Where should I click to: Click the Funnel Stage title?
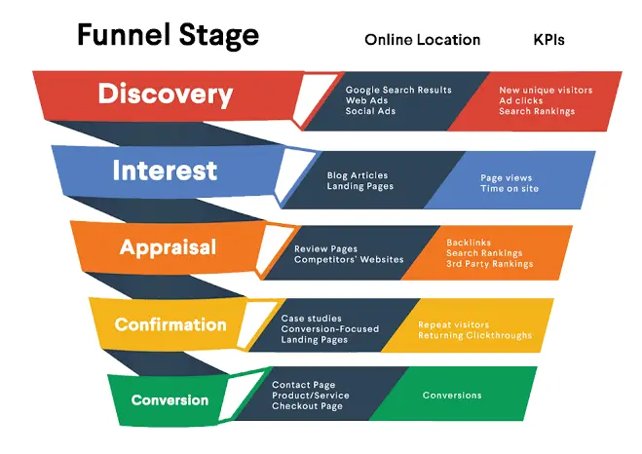168,35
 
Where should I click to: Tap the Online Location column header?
422,40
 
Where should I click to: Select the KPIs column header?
549,40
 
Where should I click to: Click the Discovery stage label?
165,95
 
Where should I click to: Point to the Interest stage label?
165,170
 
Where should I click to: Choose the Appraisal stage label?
168,247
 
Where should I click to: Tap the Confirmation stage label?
170,324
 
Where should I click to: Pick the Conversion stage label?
170,400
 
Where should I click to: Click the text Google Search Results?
398,90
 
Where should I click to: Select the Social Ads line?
370,111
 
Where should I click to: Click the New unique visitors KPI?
546,90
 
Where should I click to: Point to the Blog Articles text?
357,175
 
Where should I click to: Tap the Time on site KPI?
510,188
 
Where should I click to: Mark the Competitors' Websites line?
349,259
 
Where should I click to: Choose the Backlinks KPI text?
469,243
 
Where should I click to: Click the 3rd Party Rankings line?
490,264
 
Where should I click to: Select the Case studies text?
311,318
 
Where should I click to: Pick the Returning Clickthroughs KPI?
475,335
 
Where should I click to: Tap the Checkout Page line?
307,406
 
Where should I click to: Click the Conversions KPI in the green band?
452,395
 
